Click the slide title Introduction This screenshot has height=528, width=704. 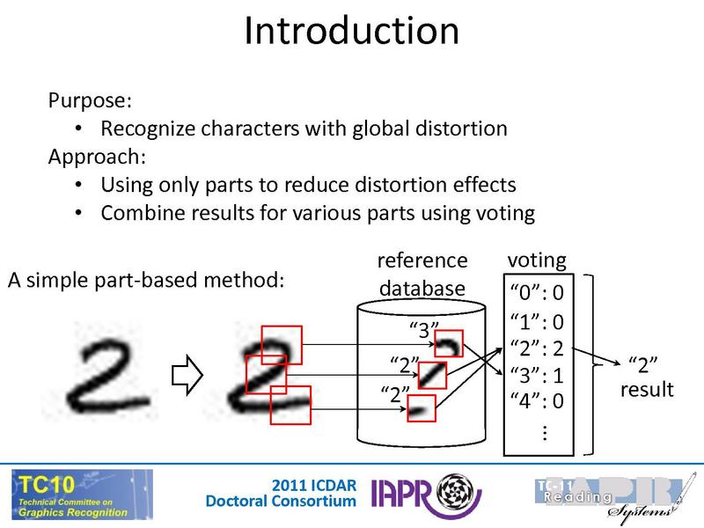pyautogui.click(x=351, y=32)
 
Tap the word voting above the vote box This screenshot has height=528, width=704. pyautogui.click(x=537, y=260)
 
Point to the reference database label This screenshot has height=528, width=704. pyautogui.click(x=422, y=275)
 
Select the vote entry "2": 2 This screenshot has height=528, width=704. pyautogui.click(x=537, y=347)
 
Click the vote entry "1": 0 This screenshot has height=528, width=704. pyautogui.click(x=537, y=321)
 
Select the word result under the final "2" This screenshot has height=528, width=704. pyautogui.click(x=647, y=389)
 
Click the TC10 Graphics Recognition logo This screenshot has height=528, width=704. pyautogui.click(x=81, y=495)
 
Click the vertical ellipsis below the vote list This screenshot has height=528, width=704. pyautogui.click(x=543, y=431)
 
